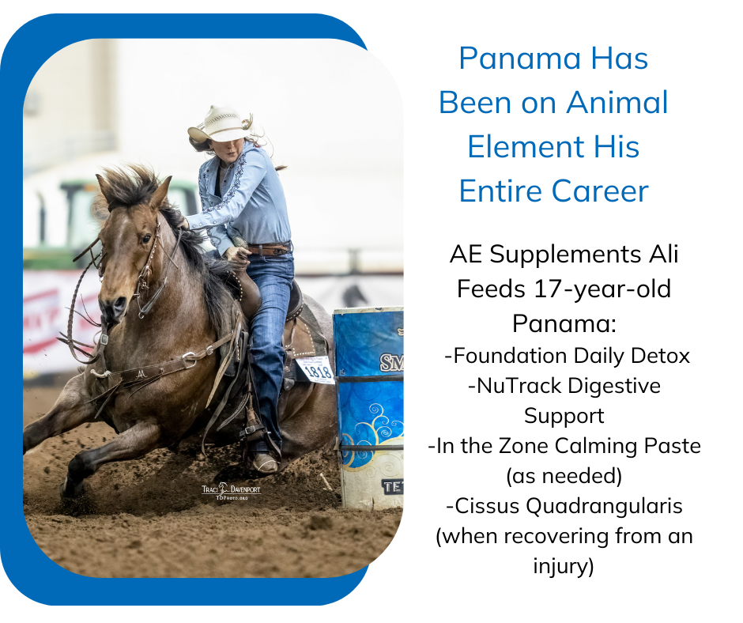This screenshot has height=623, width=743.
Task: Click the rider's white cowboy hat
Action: (220, 125)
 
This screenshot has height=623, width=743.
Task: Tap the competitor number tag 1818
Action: (315, 369)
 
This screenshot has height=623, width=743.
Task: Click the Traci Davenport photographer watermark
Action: (231, 491)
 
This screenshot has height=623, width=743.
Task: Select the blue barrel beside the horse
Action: (368, 408)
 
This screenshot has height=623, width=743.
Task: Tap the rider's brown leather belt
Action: (270, 248)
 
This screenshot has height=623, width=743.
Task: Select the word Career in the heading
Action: (600, 191)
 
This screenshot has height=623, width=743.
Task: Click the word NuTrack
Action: (512, 386)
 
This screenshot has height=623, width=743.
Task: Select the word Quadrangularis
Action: (604, 506)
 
